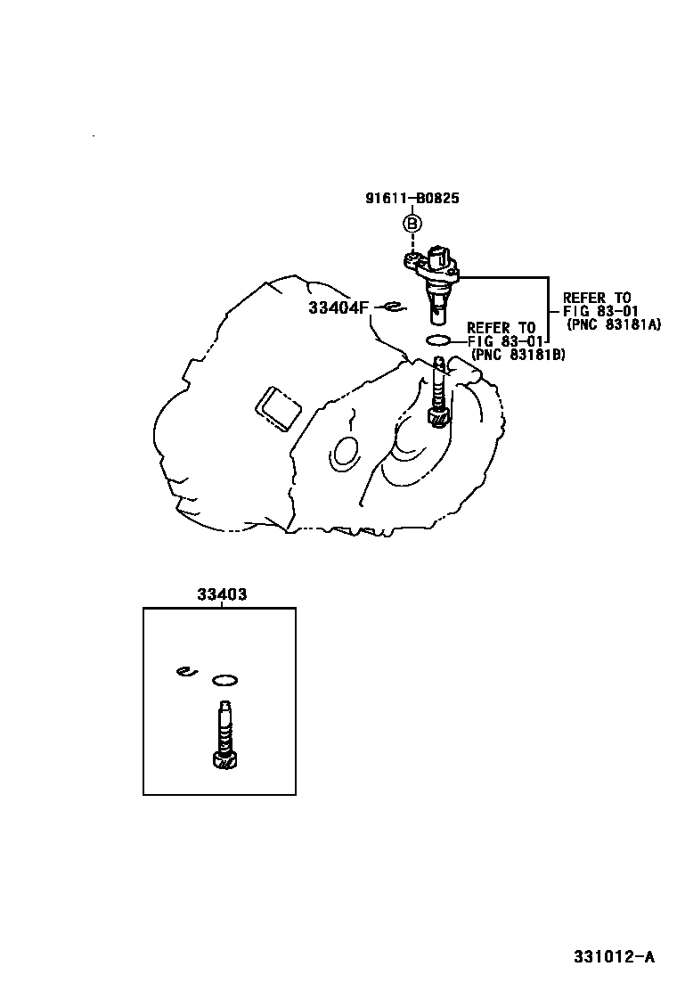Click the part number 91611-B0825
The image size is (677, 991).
[412, 199]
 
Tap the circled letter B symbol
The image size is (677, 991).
[412, 224]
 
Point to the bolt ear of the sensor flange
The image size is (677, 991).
[412, 260]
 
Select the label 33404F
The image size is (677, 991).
[338, 307]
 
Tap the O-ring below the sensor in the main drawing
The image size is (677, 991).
[439, 340]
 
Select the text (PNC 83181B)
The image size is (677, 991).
[517, 355]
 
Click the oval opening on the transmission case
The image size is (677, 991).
[343, 453]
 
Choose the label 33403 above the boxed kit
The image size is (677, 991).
[220, 594]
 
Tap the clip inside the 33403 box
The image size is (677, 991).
[185, 671]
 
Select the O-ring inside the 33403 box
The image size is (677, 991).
[225, 681]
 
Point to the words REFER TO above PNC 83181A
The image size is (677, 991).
[596, 298]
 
